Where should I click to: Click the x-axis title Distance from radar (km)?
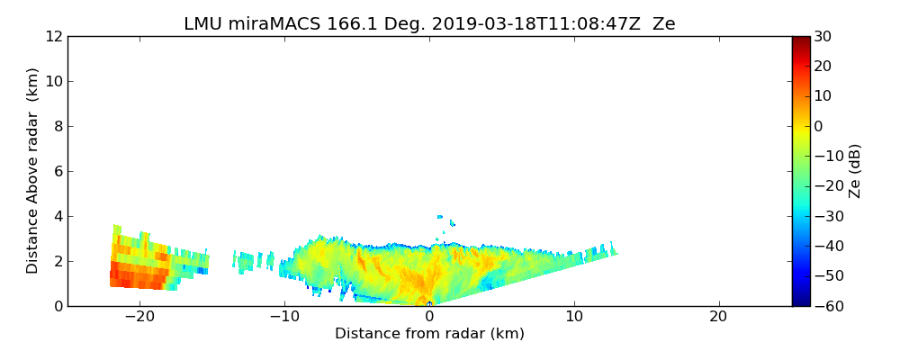pos(429,334)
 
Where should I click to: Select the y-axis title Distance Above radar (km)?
pos(33,171)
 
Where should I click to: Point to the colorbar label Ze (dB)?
pos(855,171)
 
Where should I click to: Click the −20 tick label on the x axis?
pos(139,317)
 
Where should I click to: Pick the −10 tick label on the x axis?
pos(283,317)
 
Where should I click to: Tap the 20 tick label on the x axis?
pos(718,317)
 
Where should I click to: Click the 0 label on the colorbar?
pos(820,126)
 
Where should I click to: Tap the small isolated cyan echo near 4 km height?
pos(440,217)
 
